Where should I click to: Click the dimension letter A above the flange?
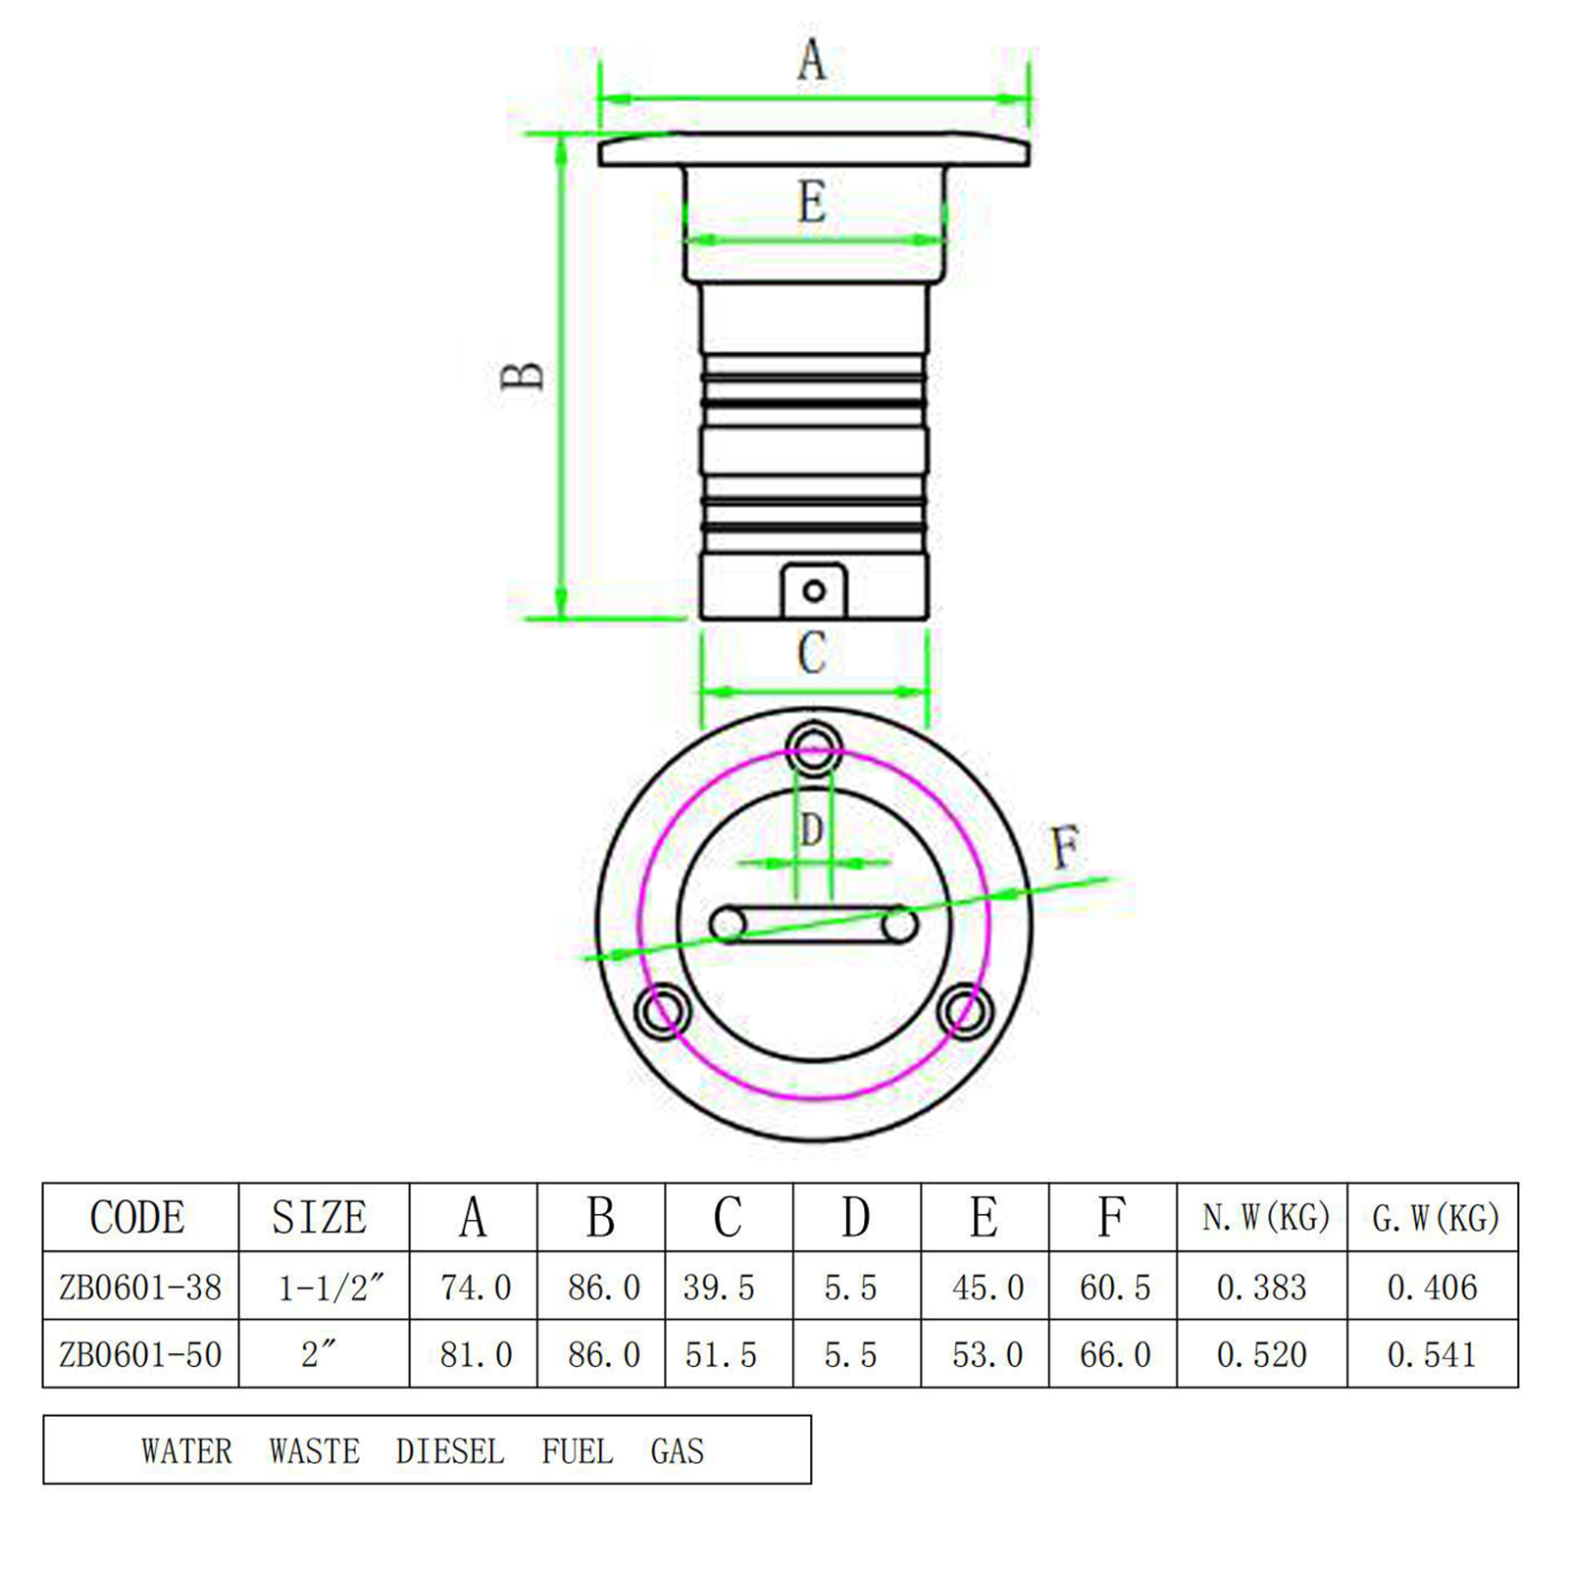coord(812,60)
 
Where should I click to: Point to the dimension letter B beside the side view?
coord(522,376)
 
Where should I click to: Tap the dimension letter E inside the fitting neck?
coord(812,202)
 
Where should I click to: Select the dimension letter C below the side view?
coord(812,653)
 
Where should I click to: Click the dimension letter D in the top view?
coord(811,830)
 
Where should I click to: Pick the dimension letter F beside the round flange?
coord(1065,847)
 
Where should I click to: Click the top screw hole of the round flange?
coord(814,752)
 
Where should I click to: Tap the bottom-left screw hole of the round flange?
coord(663,1011)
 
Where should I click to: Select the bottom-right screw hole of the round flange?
coord(965,1011)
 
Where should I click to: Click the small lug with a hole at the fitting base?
coord(814,590)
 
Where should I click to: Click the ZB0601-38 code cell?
coord(140,1287)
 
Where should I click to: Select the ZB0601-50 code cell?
coord(140,1354)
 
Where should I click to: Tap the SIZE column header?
coord(320,1217)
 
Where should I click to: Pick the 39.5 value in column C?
coord(719,1287)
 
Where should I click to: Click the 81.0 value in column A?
coord(476,1354)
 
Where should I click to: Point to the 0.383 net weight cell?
coord(1262,1287)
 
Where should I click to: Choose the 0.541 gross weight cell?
coord(1432,1354)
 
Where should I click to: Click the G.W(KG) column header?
coord(1436,1218)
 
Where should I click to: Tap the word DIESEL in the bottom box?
coord(450,1450)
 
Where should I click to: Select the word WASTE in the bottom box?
coord(315,1450)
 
